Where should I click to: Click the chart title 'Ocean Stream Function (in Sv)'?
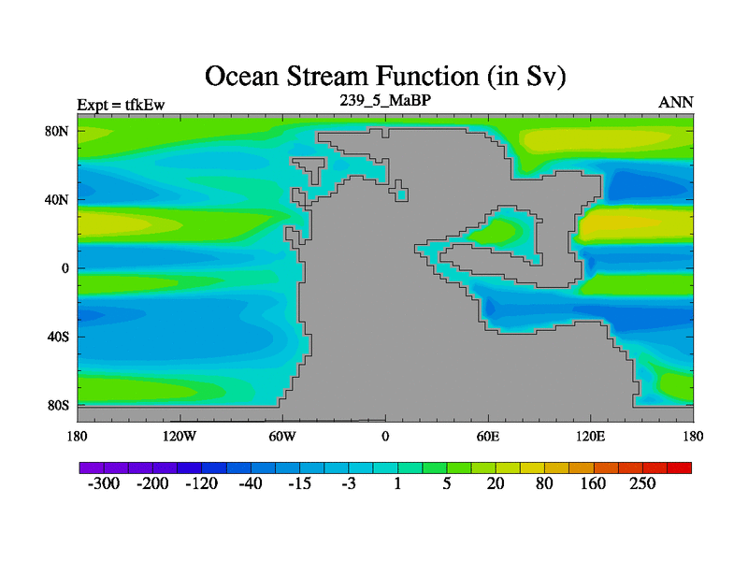(x=385, y=77)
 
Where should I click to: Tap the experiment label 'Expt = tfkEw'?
(x=121, y=105)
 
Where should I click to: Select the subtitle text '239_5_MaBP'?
(x=385, y=100)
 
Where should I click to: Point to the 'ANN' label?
(x=675, y=103)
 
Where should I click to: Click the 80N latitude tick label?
(x=57, y=131)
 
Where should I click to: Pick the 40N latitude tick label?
(x=57, y=199)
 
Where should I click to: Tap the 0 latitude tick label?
(x=65, y=268)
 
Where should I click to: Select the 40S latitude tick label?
(x=58, y=337)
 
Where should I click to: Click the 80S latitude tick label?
(x=58, y=406)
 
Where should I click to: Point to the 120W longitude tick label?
(x=180, y=436)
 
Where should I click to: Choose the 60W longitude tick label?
(x=282, y=436)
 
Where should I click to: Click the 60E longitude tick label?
(x=488, y=436)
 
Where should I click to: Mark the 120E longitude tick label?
(x=591, y=436)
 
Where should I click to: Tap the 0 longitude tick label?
(x=385, y=436)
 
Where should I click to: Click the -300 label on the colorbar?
(x=104, y=483)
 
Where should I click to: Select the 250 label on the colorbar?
(x=642, y=483)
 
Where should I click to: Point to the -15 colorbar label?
(x=299, y=483)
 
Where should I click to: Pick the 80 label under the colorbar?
(x=544, y=483)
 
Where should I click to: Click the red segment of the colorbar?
(x=680, y=468)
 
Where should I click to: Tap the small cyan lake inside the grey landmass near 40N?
(x=402, y=194)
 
